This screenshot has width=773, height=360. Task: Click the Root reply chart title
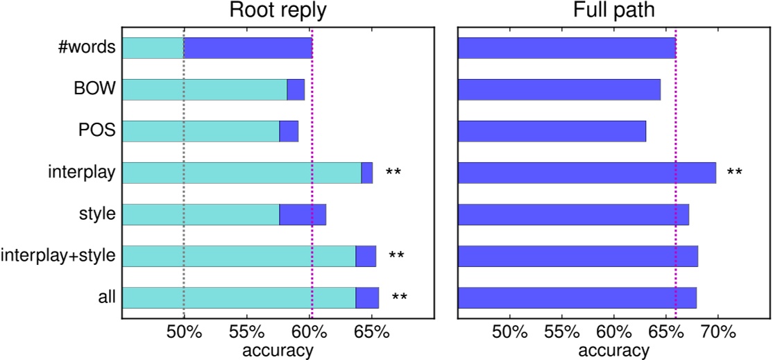pyautogui.click(x=277, y=12)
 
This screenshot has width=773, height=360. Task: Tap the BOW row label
pyautogui.click(x=98, y=89)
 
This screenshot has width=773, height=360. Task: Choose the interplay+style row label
pyautogui.click(x=58, y=256)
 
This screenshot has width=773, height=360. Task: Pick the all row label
pyautogui.click(x=106, y=298)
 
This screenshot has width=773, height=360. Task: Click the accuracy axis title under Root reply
pyautogui.click(x=278, y=350)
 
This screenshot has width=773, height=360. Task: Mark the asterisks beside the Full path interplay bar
pyautogui.click(x=734, y=171)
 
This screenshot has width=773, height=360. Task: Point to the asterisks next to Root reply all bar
pyautogui.click(x=400, y=298)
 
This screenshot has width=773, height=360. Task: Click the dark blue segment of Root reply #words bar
pyautogui.click(x=248, y=47)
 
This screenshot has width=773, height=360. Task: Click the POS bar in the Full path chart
pyautogui.click(x=552, y=130)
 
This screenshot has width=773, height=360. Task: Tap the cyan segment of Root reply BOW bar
pyautogui.click(x=205, y=89)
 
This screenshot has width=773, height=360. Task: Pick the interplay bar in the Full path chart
pyautogui.click(x=586, y=172)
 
